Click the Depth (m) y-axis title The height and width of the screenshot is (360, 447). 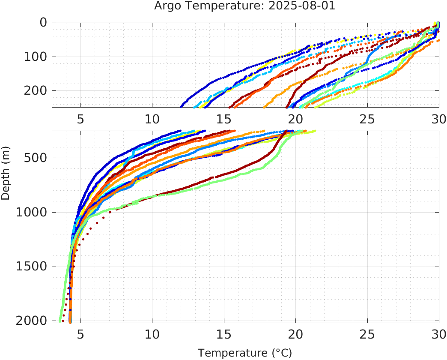point(6,177)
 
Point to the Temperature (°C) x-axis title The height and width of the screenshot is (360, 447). point(244,353)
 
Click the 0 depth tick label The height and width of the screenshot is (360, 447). point(43,22)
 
